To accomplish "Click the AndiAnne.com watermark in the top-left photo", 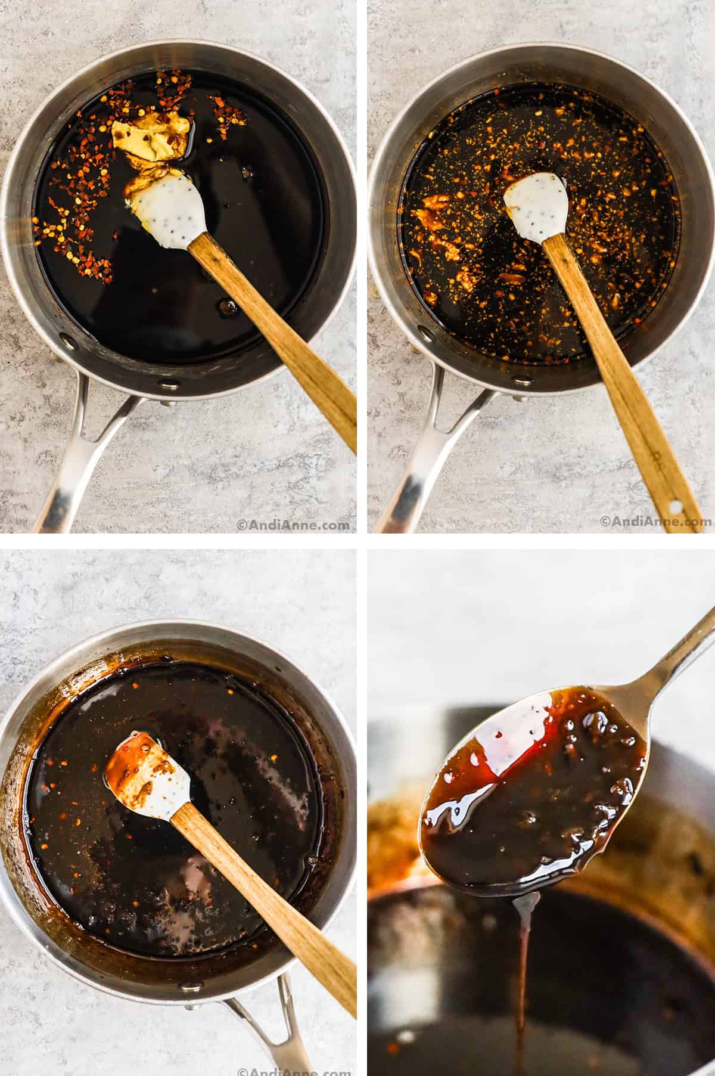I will point(293,525).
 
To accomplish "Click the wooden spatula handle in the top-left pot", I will point(280,334).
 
